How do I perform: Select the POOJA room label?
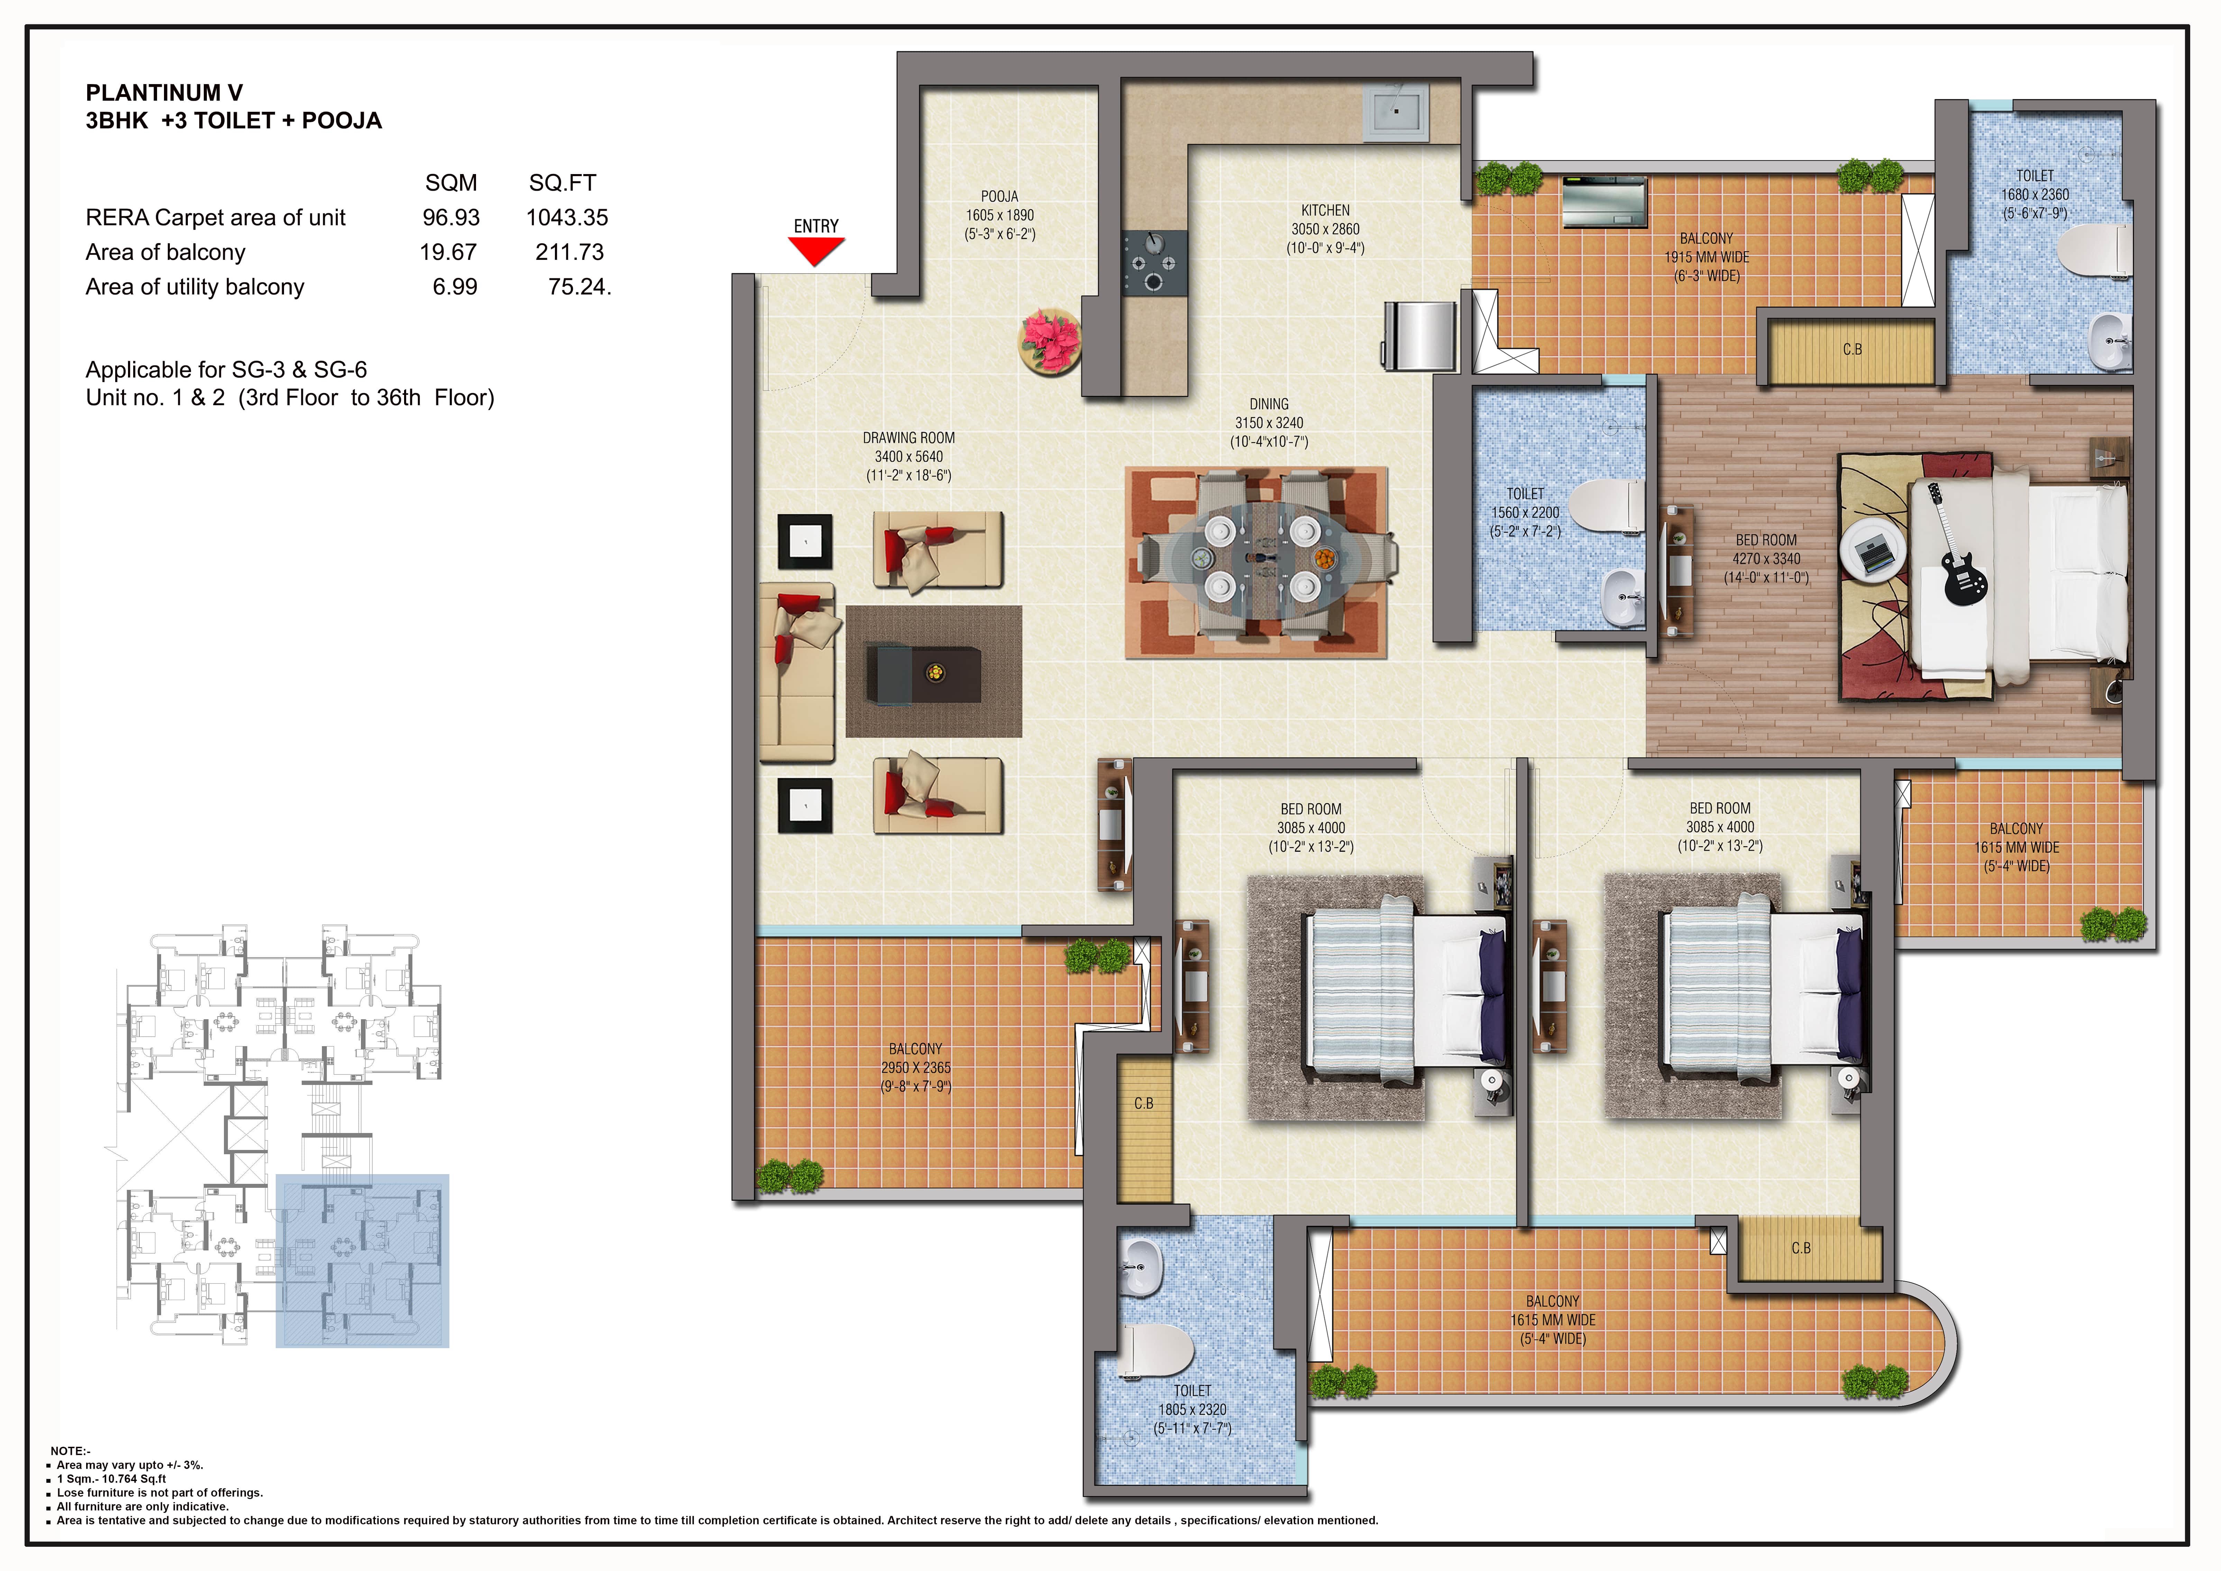tap(999, 197)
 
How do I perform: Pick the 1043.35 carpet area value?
tap(567, 218)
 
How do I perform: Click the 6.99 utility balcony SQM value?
tap(455, 287)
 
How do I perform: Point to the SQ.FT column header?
tap(562, 183)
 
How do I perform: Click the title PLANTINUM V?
tap(164, 93)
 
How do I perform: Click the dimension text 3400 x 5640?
tap(908, 457)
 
